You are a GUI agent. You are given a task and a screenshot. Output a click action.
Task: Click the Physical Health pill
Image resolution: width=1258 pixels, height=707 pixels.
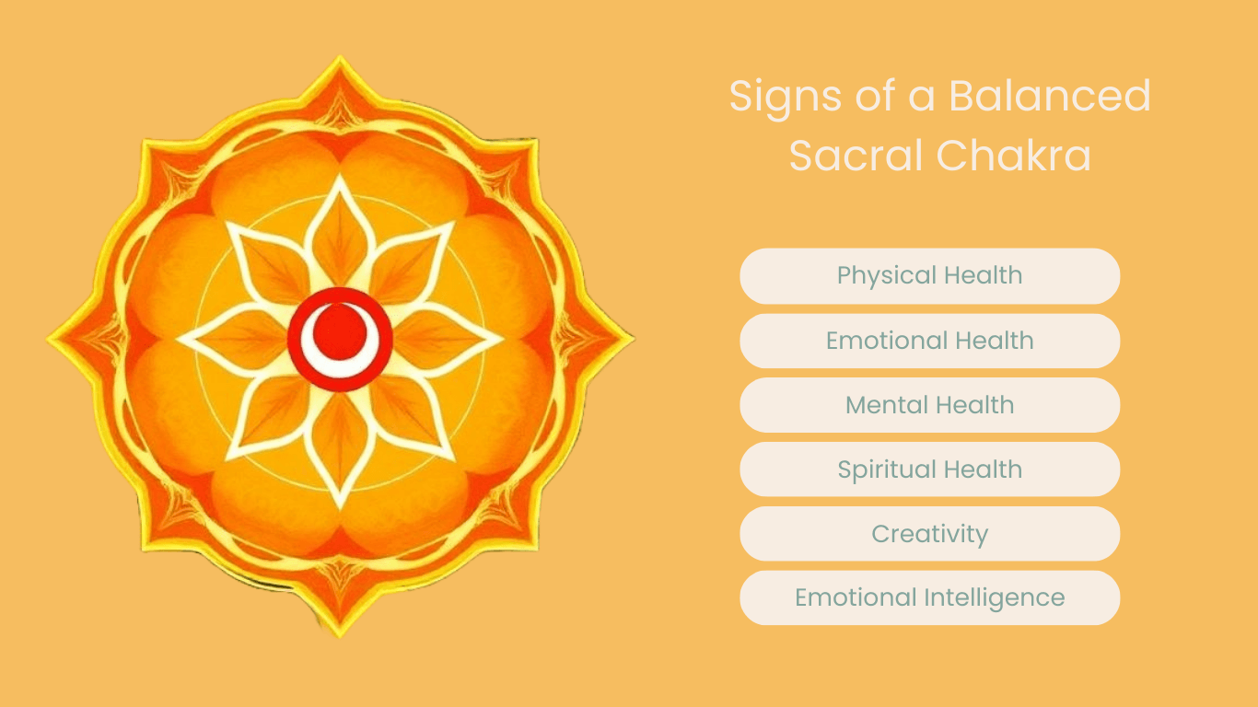[x=929, y=276]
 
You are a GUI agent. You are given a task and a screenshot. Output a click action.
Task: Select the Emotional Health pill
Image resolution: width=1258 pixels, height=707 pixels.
[x=929, y=341]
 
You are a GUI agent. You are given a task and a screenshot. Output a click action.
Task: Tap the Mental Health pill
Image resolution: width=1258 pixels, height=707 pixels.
[x=929, y=405]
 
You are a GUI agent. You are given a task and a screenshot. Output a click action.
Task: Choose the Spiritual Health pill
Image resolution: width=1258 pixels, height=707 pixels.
[x=929, y=469]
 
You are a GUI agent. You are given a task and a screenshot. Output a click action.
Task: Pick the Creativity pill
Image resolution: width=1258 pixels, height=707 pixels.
[x=929, y=534]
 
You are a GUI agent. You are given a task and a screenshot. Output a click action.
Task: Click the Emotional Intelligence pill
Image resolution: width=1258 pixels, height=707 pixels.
[x=929, y=598]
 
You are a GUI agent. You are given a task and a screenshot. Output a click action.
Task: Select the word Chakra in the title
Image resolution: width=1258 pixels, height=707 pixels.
[x=1015, y=156]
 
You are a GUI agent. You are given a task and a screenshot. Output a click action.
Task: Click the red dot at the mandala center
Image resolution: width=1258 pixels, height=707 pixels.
[x=341, y=327]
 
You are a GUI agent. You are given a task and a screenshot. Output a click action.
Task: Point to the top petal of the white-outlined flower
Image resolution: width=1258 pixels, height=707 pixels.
[x=340, y=230]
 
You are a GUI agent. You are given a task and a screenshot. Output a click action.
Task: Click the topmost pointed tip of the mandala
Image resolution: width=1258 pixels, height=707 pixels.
[x=340, y=59]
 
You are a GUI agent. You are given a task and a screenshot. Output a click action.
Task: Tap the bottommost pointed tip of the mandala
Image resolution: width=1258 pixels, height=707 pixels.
[x=340, y=633]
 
